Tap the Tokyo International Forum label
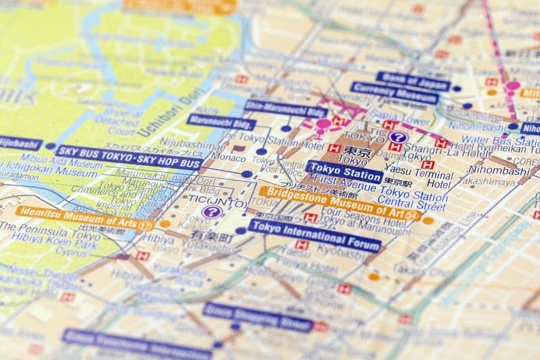[x=315, y=236]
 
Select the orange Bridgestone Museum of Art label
[x=340, y=202]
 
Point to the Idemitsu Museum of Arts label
[x=78, y=217]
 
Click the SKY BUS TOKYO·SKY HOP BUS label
[x=129, y=157]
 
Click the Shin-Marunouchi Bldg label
[x=286, y=109]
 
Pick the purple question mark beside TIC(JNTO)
[x=212, y=212]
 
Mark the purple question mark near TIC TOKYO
[x=398, y=137]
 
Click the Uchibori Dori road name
[x=165, y=114]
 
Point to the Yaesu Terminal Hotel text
[x=430, y=178]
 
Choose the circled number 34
[x=411, y=216]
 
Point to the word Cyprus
[x=70, y=252]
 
